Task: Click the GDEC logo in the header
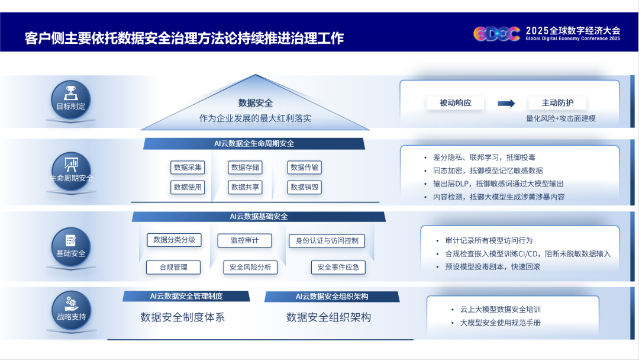point(497,33)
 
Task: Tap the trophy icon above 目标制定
point(71,93)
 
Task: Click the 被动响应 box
point(455,103)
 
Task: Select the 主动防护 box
point(557,103)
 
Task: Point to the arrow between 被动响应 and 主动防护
point(506,104)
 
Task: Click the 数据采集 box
point(188,167)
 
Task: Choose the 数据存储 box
point(245,167)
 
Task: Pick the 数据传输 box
point(305,167)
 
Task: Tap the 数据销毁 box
point(305,187)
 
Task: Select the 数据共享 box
point(245,187)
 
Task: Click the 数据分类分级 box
point(174,240)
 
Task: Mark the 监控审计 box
point(244,240)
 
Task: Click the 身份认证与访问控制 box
point(327,240)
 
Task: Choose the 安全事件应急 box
point(338,268)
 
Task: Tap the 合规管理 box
point(173,268)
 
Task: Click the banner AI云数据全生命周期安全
point(254,143)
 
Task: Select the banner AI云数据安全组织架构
point(332,297)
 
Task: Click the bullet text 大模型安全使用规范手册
point(500,323)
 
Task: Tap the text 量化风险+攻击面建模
point(561,118)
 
